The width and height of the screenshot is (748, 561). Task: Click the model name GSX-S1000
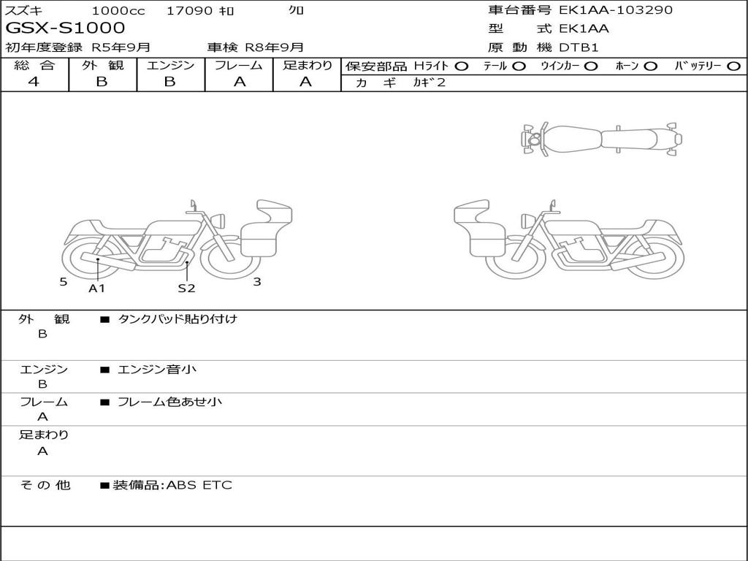tap(65, 28)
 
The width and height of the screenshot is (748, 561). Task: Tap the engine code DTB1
tap(579, 47)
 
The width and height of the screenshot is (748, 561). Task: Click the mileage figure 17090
tap(189, 10)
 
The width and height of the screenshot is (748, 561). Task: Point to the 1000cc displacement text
tap(118, 10)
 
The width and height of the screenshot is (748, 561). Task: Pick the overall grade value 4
tap(34, 82)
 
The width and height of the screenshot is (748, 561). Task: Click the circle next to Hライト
tap(462, 66)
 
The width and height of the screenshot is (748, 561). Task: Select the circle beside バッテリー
tap(734, 66)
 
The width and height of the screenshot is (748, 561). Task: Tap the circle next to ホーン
tap(650, 66)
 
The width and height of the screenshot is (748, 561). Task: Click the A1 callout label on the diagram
tap(97, 288)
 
